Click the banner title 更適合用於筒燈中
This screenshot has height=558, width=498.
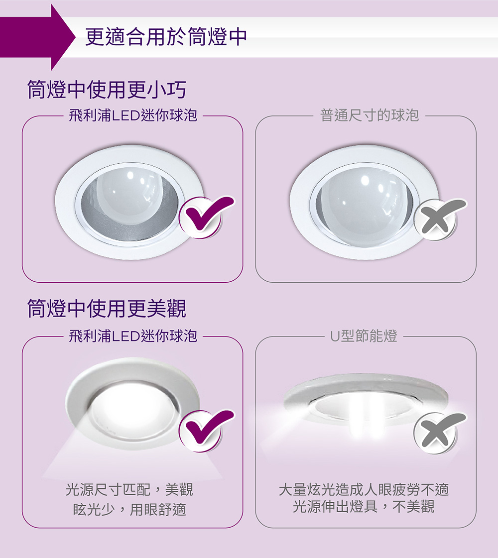[166, 37]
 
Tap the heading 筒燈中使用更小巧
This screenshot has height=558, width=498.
[107, 89]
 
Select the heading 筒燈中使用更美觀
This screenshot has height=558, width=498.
[107, 308]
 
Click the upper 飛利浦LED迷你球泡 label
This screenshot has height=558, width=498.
[133, 115]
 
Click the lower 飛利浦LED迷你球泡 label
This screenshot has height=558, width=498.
[133, 336]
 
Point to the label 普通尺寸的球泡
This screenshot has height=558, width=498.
[370, 115]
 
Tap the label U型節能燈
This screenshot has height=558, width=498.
[364, 336]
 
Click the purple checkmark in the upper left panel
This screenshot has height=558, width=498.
[207, 216]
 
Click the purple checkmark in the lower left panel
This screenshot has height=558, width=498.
[207, 430]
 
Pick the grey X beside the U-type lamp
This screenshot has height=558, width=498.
[440, 433]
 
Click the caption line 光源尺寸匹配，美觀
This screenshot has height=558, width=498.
[129, 490]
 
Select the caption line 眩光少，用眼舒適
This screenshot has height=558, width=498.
[129, 509]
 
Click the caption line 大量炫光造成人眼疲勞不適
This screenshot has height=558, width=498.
[364, 490]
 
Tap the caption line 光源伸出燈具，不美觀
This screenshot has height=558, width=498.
[364, 506]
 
